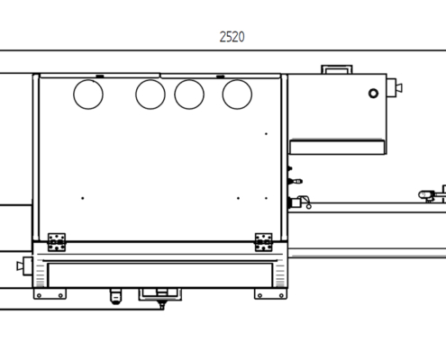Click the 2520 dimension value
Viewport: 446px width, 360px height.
point(232,37)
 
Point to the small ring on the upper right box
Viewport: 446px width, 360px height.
point(373,90)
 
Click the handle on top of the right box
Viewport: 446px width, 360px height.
point(337,67)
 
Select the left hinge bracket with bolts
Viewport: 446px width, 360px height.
point(57,242)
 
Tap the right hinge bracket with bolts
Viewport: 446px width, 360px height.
point(264,242)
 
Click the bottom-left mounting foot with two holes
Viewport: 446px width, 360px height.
point(50,293)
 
